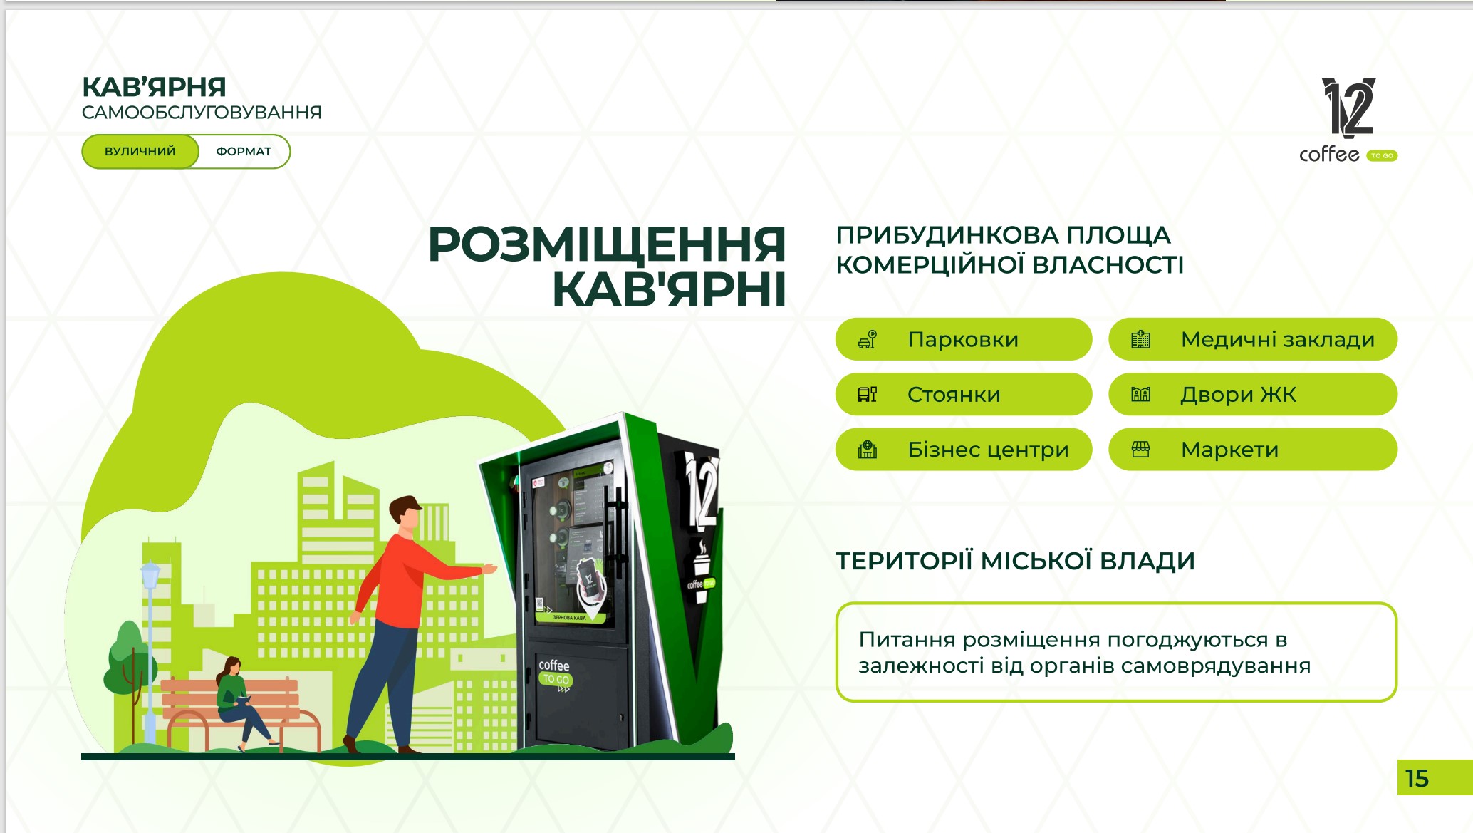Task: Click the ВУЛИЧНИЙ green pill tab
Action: click(140, 151)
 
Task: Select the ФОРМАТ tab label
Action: click(244, 151)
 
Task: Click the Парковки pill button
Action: click(963, 339)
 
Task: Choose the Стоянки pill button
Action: click(963, 394)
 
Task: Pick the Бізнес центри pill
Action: click(963, 450)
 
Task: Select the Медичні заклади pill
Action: click(1253, 339)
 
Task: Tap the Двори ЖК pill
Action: click(1253, 394)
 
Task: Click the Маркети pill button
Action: click(1253, 450)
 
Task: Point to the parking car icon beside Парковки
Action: click(868, 339)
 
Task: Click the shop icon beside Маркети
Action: click(1140, 450)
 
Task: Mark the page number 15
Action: click(1417, 778)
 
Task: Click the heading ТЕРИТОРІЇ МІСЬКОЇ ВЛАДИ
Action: click(1015, 561)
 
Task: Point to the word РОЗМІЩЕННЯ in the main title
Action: click(607, 244)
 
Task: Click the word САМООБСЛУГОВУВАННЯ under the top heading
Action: click(202, 113)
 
